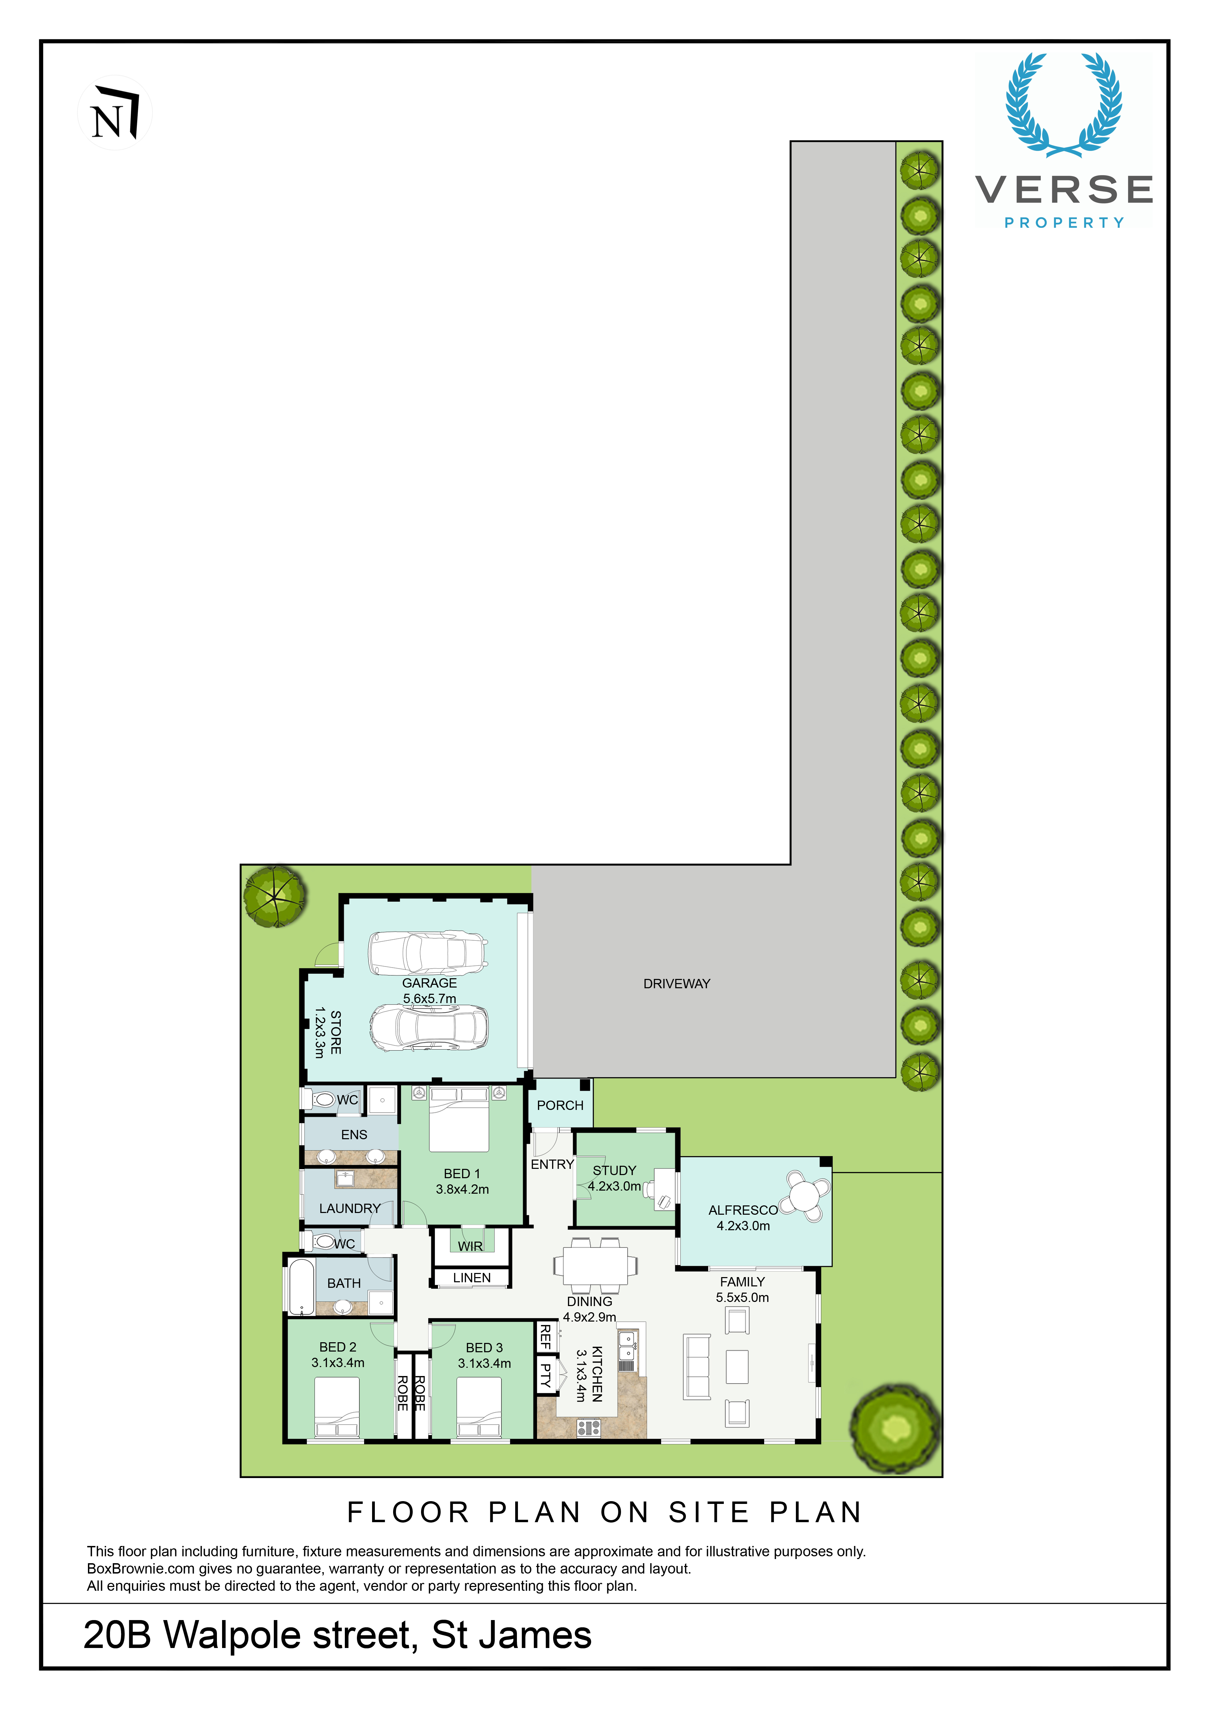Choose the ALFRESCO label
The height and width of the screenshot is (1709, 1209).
pyautogui.click(x=743, y=1210)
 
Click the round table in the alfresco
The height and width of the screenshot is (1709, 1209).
pyautogui.click(x=805, y=1196)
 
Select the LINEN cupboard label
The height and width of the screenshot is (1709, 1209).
pyautogui.click(x=472, y=1277)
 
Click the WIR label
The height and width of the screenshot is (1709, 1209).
pyautogui.click(x=470, y=1246)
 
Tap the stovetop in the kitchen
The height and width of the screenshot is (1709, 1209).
pyautogui.click(x=588, y=1428)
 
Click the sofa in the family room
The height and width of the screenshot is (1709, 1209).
pyautogui.click(x=698, y=1367)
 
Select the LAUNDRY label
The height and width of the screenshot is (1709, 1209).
pyautogui.click(x=350, y=1208)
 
